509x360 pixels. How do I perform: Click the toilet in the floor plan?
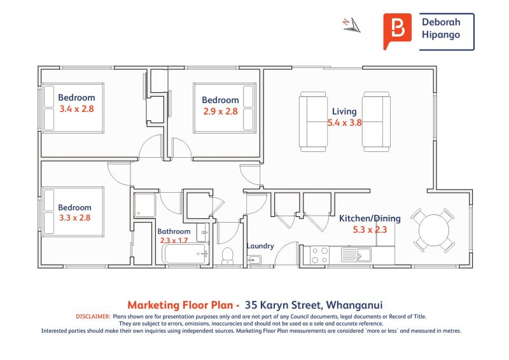[227, 256]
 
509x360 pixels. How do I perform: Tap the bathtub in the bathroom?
[185, 254]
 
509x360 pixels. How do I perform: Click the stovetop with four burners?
[319, 255]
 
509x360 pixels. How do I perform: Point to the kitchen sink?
[356, 254]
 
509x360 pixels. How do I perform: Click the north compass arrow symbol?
[352, 25]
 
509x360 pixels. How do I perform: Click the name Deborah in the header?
[441, 22]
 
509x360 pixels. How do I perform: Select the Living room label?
[344, 112]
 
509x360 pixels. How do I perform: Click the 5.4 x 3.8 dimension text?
[344, 123]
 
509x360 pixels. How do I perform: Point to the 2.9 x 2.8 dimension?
[220, 111]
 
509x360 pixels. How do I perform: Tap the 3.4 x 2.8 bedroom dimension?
[76, 109]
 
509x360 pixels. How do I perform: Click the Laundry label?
[260, 246]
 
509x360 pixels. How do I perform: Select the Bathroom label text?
[174, 232]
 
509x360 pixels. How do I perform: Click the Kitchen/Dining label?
[370, 218]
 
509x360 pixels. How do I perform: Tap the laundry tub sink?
[254, 260]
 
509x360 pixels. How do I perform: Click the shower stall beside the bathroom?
[145, 205]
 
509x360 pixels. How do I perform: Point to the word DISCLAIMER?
[93, 317]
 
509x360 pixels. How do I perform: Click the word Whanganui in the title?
[354, 305]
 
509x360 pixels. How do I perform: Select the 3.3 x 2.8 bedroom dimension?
[74, 218]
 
